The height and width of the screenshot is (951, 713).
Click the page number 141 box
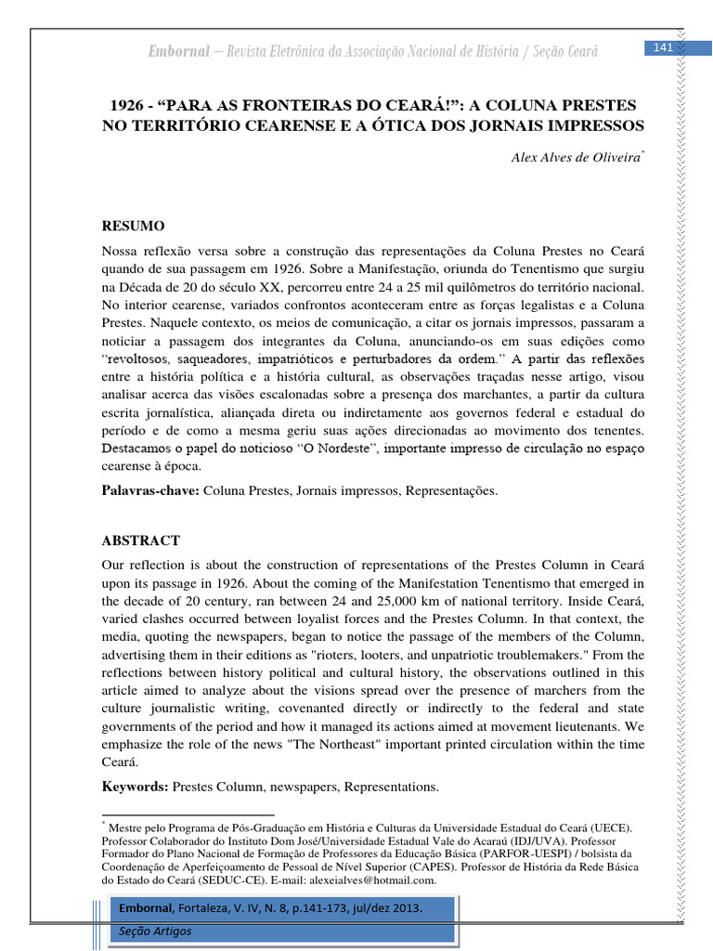(663, 48)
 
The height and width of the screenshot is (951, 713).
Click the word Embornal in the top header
(179, 51)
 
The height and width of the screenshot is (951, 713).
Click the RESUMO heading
(132, 226)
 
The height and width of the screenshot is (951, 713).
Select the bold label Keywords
(133, 787)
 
